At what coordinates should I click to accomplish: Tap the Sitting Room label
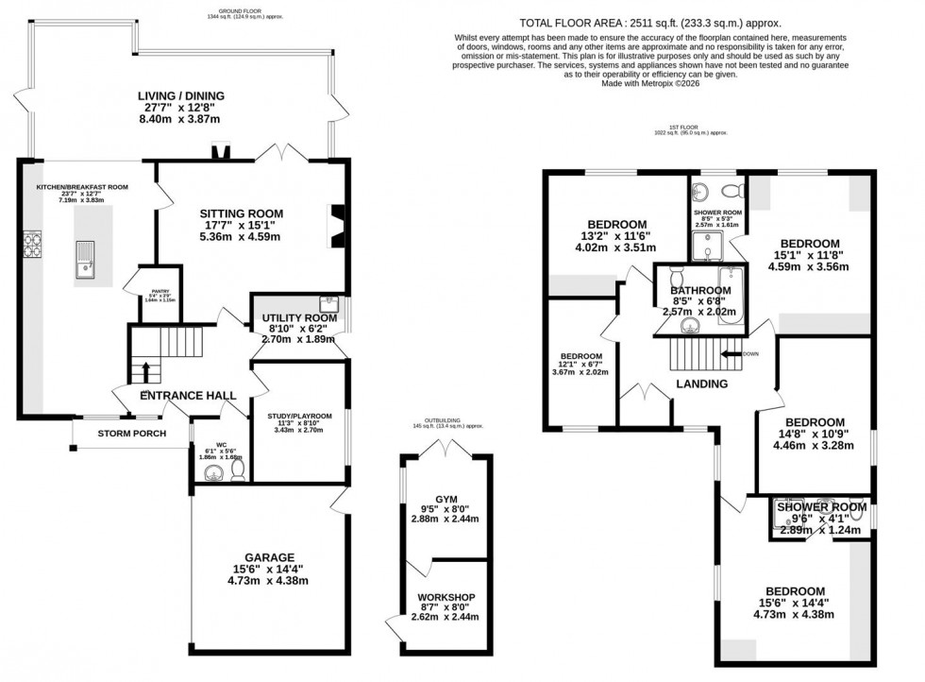(241, 214)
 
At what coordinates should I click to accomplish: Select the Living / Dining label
(179, 94)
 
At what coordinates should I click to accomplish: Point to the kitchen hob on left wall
(35, 246)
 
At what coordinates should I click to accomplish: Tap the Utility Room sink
(329, 304)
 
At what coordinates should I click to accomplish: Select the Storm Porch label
(132, 434)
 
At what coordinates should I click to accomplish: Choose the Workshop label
(446, 597)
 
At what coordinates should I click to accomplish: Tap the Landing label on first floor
(702, 384)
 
